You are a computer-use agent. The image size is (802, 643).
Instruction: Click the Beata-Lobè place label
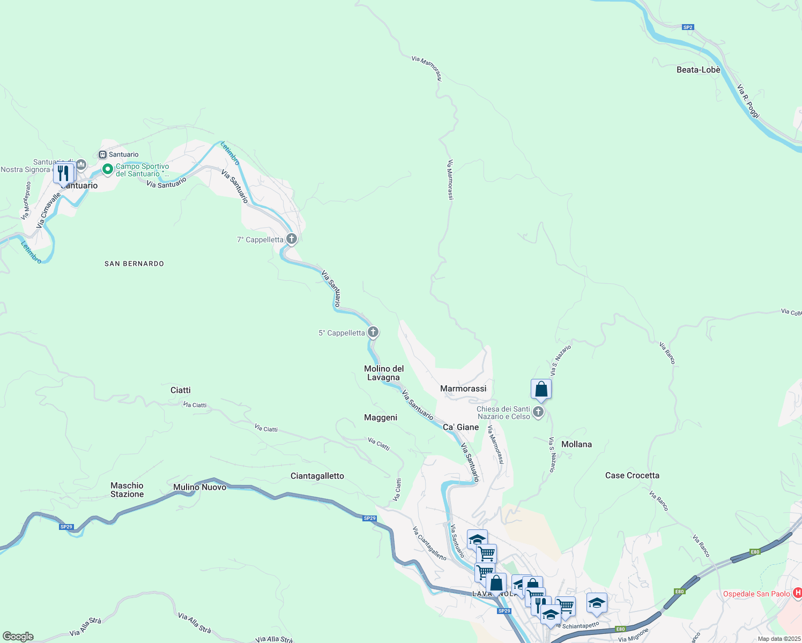point(698,70)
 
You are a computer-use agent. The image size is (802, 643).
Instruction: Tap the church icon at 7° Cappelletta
point(292,239)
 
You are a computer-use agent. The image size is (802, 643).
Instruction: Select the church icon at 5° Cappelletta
point(373,332)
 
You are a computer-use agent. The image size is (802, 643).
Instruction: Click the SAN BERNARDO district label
point(134,264)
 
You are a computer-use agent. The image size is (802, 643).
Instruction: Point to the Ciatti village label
point(180,390)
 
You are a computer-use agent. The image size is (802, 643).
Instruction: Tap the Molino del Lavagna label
point(384,373)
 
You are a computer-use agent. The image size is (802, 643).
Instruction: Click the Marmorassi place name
point(463,388)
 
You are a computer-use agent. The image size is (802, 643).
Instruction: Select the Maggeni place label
point(381,417)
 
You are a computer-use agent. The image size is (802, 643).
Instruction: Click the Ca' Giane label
point(461,427)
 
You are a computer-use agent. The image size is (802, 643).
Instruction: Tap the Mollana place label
point(576,444)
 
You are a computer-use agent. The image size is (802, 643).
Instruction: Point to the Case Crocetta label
point(632,475)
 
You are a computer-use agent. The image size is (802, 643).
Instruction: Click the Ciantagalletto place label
point(317,476)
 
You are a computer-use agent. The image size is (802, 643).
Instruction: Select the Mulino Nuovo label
point(199,487)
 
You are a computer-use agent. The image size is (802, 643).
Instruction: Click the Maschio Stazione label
point(127,490)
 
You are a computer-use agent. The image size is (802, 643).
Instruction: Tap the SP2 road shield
point(688,27)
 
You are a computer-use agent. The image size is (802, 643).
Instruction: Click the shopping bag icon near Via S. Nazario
point(541,389)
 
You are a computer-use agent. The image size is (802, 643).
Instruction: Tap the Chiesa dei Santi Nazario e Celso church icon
point(538,412)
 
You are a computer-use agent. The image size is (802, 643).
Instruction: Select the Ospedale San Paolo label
point(756,594)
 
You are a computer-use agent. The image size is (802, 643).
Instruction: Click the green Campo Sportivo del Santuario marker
point(108,169)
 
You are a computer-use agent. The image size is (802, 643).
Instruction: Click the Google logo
point(18,637)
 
